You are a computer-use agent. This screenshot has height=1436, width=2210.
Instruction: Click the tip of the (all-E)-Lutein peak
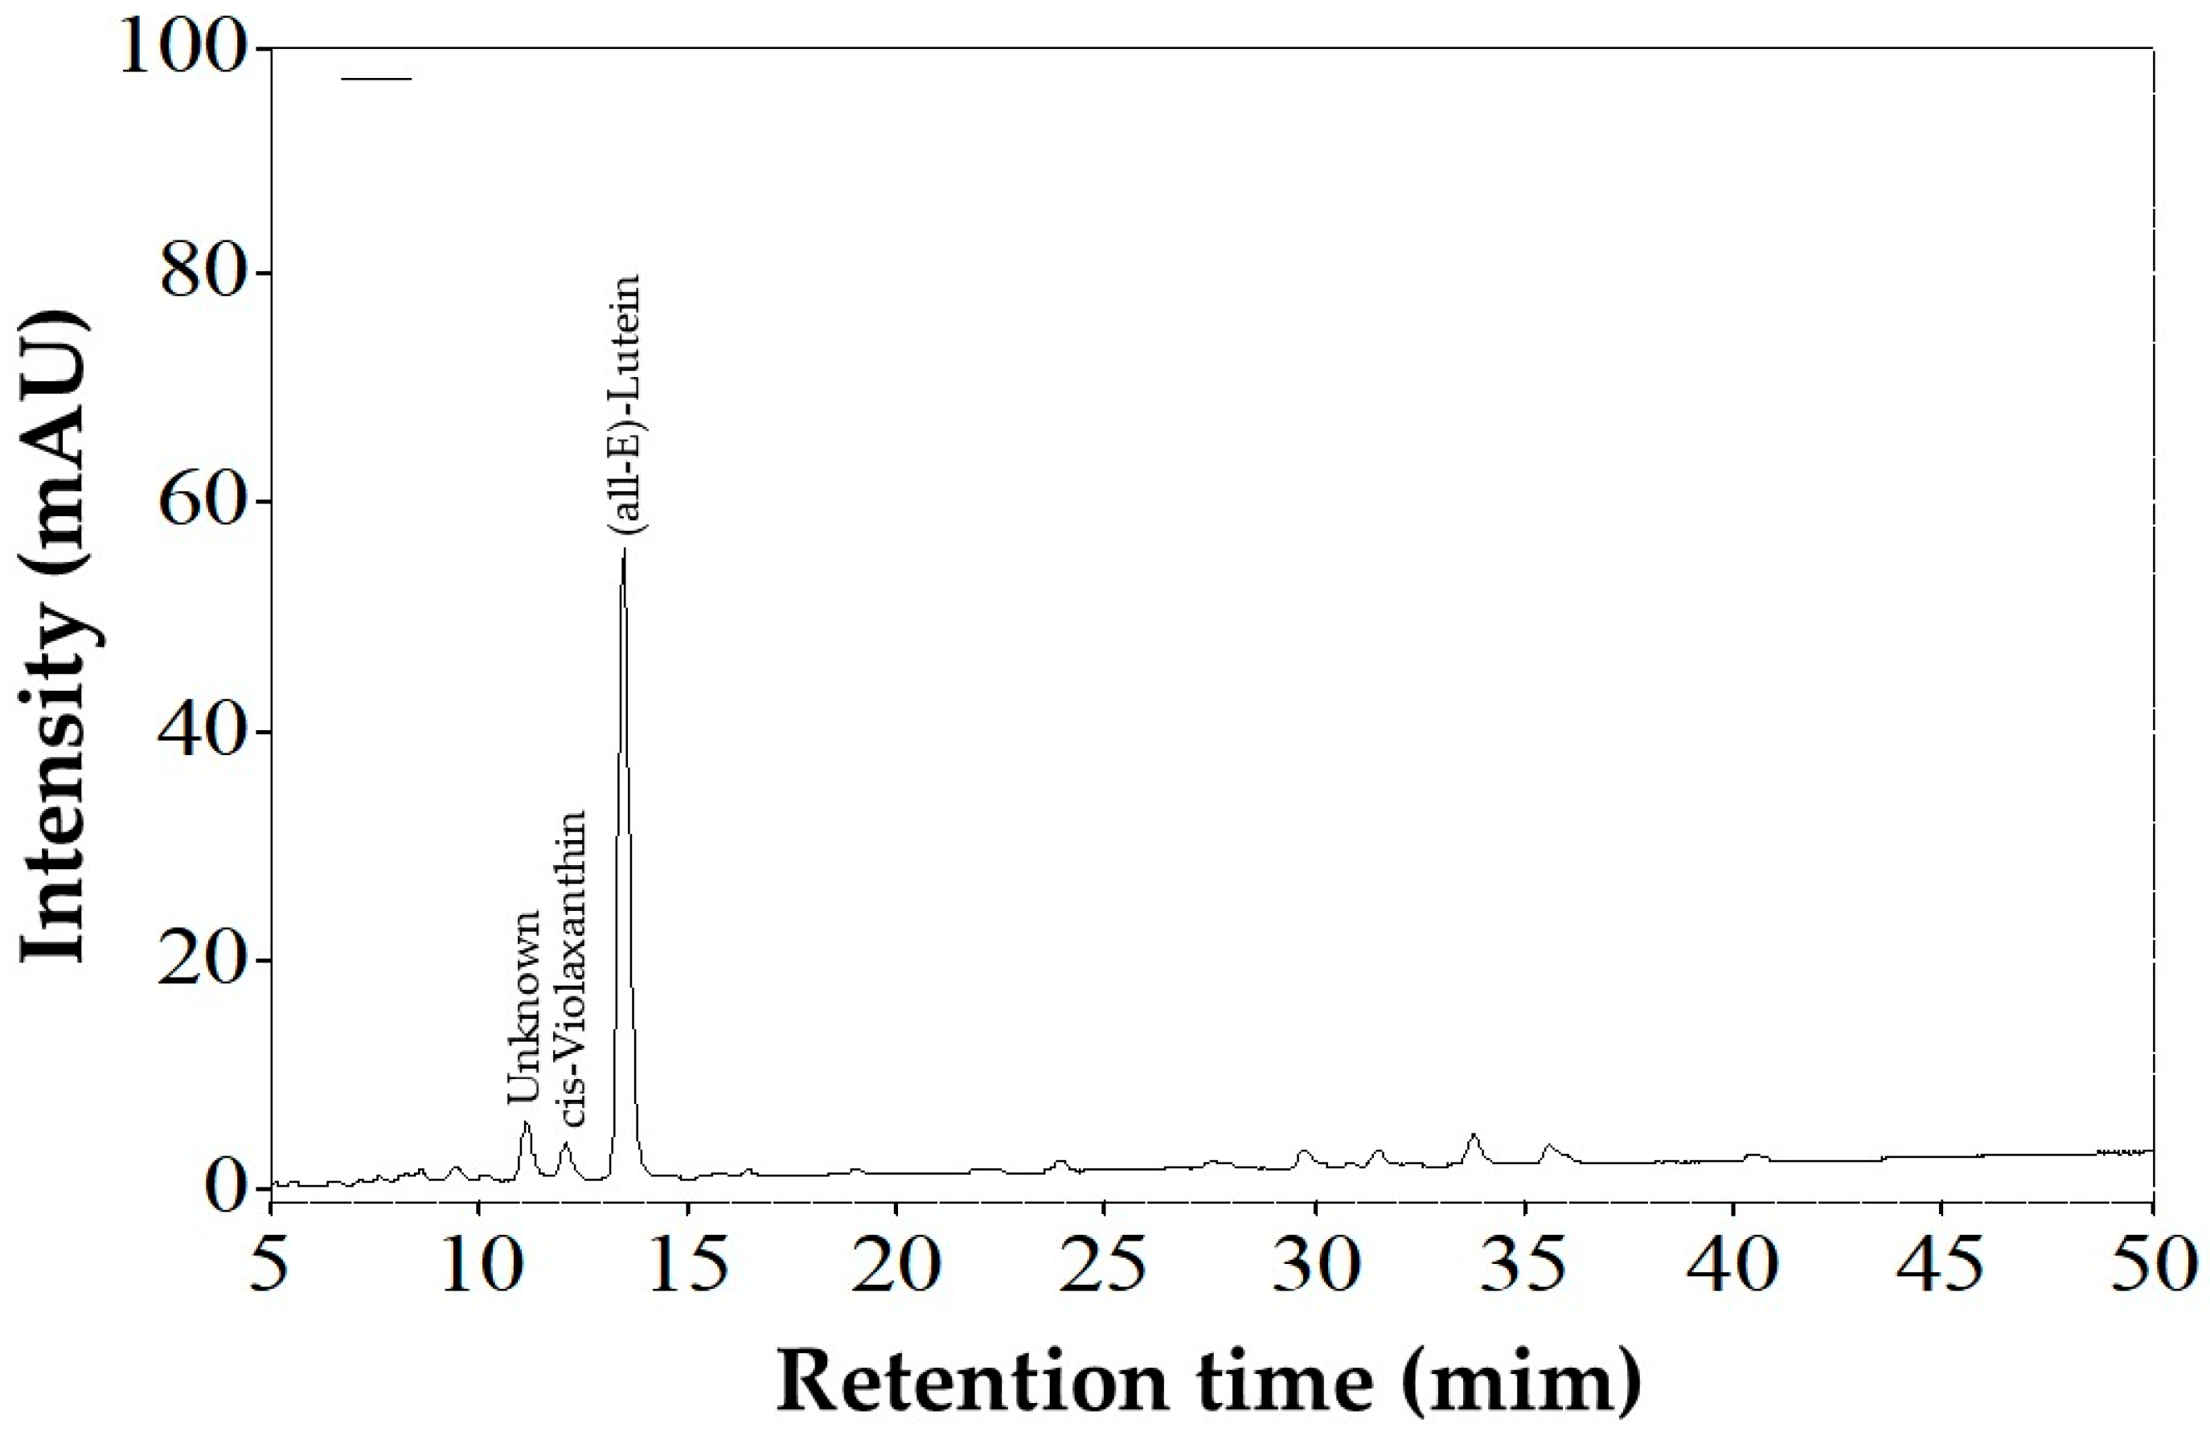624,549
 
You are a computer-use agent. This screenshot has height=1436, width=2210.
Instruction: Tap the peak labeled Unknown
526,1122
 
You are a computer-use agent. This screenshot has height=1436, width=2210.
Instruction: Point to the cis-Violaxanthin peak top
564,1143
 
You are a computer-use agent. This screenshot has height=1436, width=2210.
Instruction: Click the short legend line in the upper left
376,79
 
